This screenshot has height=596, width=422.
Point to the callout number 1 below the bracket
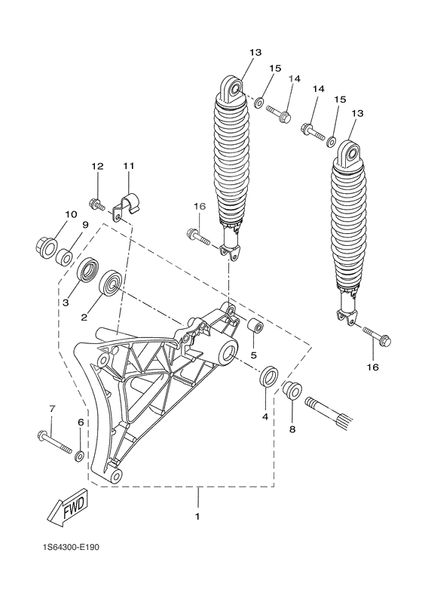(x=198, y=517)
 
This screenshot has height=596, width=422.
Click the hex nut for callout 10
(x=44, y=245)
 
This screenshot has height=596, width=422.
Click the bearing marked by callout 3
(x=88, y=271)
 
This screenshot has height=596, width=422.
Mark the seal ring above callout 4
(x=268, y=376)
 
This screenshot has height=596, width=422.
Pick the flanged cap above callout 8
(x=291, y=392)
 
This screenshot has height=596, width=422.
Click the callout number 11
(x=128, y=165)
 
